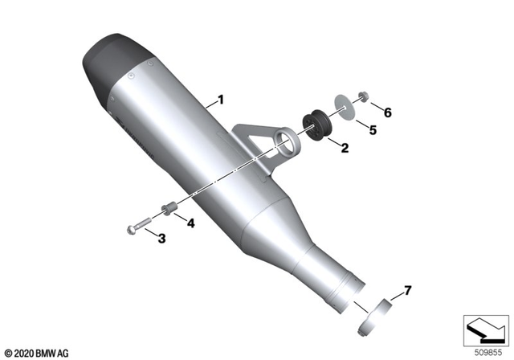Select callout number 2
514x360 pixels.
pyautogui.click(x=344, y=148)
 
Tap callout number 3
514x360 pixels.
pyautogui.click(x=161, y=239)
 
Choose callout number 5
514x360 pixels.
pyautogui.click(x=372, y=129)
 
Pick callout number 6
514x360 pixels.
pyautogui.click(x=387, y=112)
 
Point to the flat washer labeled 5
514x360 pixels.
pyautogui.click(x=343, y=109)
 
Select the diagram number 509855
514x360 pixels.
pyautogui.click(x=487, y=352)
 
